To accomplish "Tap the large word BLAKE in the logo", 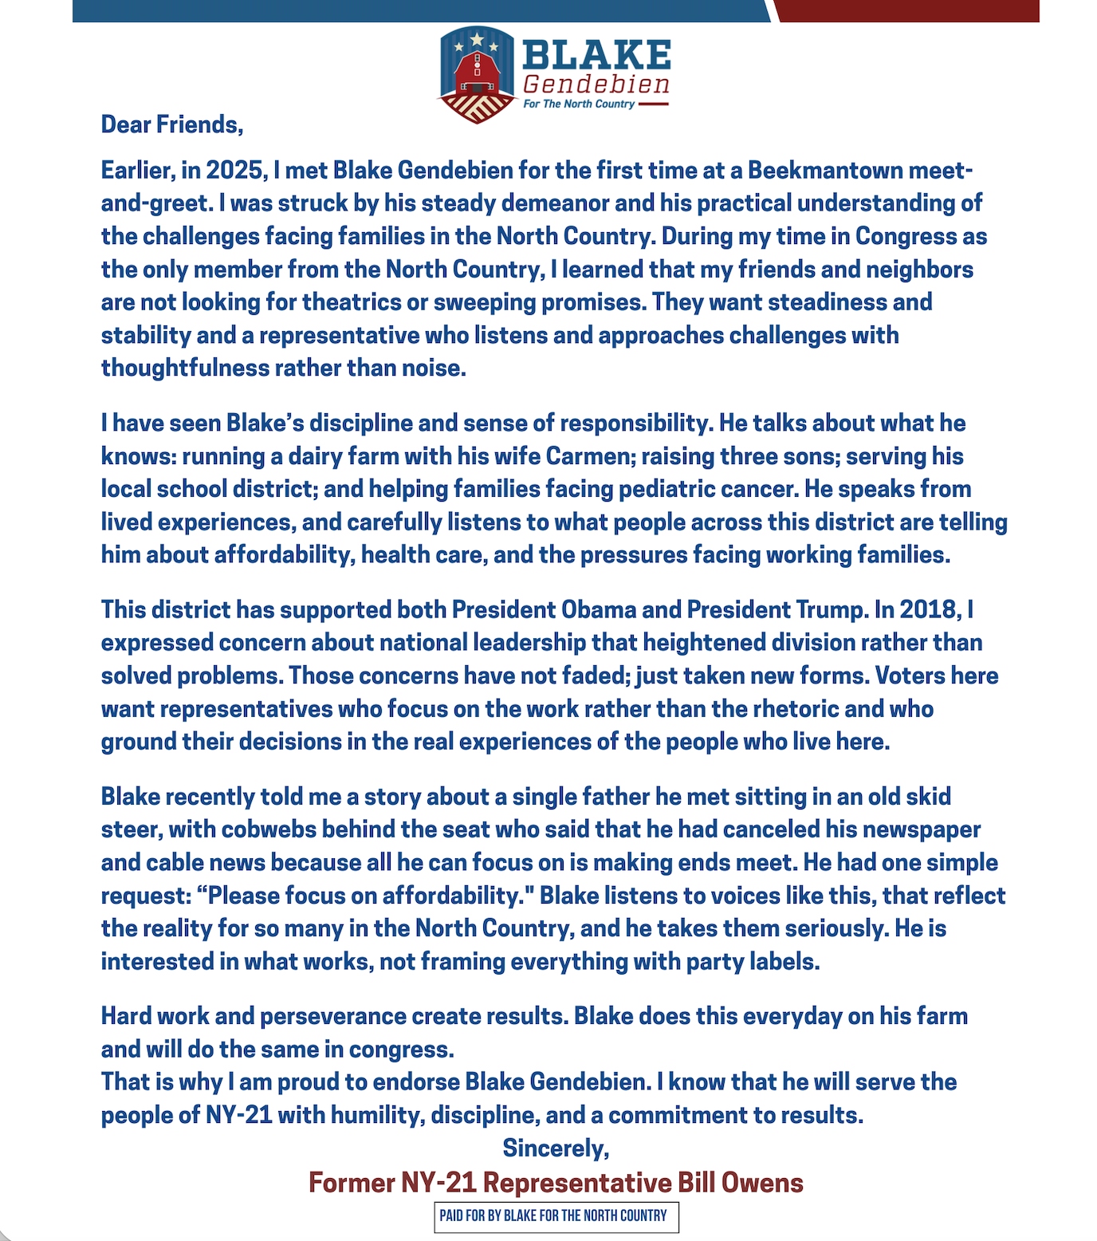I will point(596,55).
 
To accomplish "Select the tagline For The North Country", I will point(579,104).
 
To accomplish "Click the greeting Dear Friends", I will point(171,124).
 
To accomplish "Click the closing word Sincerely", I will point(556,1148).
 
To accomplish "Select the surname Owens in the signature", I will point(762,1183).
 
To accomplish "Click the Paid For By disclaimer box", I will point(556,1216).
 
